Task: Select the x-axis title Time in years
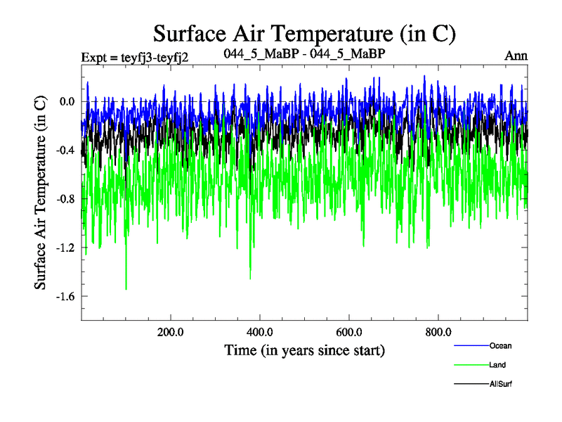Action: (304, 350)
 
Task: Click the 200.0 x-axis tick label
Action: (170, 332)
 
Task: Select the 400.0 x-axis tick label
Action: (260, 332)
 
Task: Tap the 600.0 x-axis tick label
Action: (349, 332)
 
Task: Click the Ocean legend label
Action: (500, 345)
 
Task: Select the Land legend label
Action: (498, 365)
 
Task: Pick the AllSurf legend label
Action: (501, 384)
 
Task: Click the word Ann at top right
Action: (516, 56)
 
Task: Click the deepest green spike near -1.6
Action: (126, 288)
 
